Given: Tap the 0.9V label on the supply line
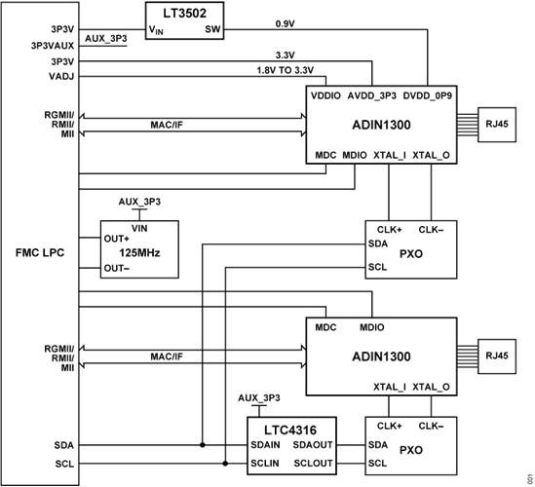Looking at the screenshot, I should coord(286,21).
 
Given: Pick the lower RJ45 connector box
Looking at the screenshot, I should coord(497,356).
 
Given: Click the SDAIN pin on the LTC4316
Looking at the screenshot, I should coord(266,444).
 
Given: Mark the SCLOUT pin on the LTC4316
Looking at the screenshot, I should coord(319,462).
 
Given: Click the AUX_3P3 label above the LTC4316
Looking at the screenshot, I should coord(260,400).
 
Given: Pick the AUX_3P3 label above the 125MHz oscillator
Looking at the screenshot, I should coord(139,201).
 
